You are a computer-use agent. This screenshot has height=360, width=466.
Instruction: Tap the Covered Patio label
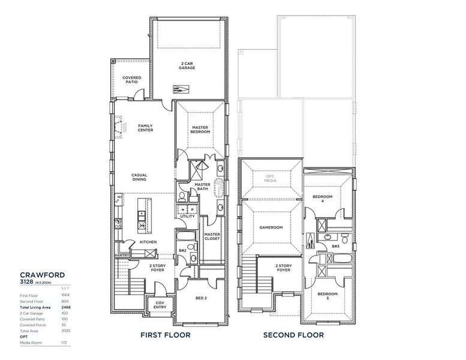(x=131, y=80)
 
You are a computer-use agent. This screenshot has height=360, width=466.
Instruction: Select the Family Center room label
(x=145, y=128)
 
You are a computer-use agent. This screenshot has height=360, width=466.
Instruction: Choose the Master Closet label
(x=212, y=236)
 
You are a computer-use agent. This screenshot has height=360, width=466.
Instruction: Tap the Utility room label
(x=187, y=216)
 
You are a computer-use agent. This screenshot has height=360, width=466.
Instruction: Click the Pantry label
(x=122, y=255)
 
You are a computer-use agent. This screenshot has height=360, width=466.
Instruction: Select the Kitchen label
(x=148, y=242)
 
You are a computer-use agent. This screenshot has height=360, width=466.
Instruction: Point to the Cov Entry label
(x=160, y=304)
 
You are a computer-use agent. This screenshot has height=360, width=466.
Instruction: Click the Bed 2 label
(x=200, y=298)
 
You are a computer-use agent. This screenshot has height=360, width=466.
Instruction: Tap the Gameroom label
(x=270, y=227)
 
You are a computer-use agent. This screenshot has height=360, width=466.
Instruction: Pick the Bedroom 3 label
(x=327, y=296)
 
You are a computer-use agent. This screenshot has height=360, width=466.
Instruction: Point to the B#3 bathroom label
(x=335, y=247)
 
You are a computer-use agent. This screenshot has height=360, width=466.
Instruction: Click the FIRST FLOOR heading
(x=165, y=335)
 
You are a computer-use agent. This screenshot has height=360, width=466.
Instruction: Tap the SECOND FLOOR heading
(x=293, y=335)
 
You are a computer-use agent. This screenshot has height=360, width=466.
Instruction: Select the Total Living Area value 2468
(x=65, y=307)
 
